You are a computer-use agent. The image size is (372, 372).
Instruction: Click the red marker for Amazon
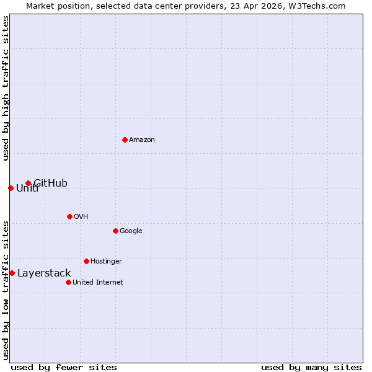tap(125, 139)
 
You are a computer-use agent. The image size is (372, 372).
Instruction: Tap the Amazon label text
tap(142, 140)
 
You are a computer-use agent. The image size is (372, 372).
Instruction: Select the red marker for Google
tap(115, 231)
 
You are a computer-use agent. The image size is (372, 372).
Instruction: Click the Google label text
tap(131, 231)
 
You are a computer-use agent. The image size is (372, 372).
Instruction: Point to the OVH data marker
tap(69, 216)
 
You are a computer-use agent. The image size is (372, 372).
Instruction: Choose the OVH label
tap(81, 217)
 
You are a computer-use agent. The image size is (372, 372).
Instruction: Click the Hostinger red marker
tap(86, 261)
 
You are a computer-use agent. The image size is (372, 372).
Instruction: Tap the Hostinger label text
tap(106, 262)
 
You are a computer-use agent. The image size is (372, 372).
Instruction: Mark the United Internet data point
tap(68, 282)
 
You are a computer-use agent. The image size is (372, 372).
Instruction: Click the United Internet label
tap(97, 283)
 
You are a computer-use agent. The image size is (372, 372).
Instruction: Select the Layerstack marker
tap(12, 273)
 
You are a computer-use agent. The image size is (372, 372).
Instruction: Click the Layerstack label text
tap(44, 273)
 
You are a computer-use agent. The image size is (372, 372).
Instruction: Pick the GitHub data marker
tap(28, 183)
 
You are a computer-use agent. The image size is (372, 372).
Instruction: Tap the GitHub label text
tap(51, 184)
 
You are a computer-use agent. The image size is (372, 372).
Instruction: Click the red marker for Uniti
tap(11, 188)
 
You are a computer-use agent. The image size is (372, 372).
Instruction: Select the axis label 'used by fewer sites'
tap(64, 367)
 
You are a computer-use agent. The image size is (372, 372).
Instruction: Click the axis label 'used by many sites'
tap(311, 367)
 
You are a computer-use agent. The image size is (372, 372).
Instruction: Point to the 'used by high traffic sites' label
tap(6, 88)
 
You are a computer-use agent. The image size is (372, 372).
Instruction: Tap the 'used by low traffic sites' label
tap(6, 290)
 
